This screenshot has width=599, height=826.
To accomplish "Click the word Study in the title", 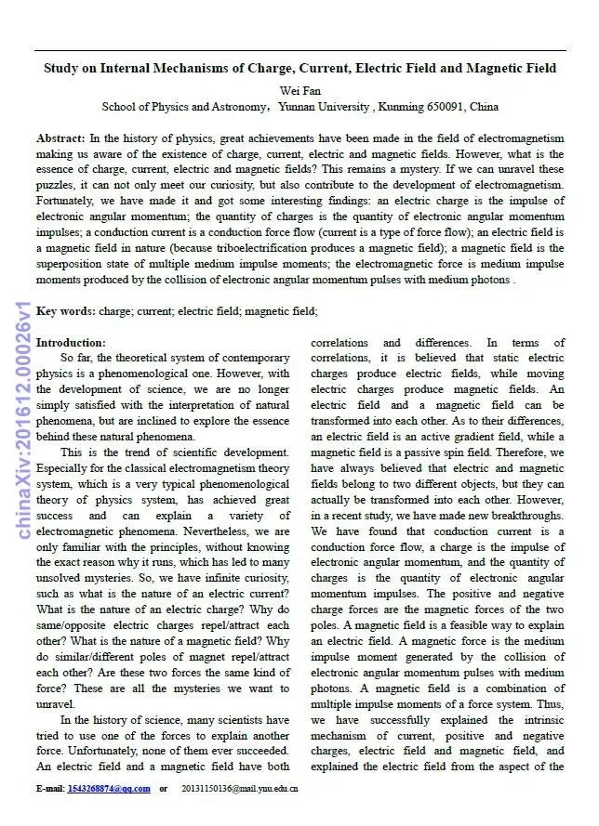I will tap(65, 68).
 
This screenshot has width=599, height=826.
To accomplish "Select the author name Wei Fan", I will tap(299, 90).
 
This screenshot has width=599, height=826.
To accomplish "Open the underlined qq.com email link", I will tap(109, 789).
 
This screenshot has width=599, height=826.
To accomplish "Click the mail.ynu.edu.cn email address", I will tap(240, 789).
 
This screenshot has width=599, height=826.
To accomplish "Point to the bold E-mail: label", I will tap(49, 789).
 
